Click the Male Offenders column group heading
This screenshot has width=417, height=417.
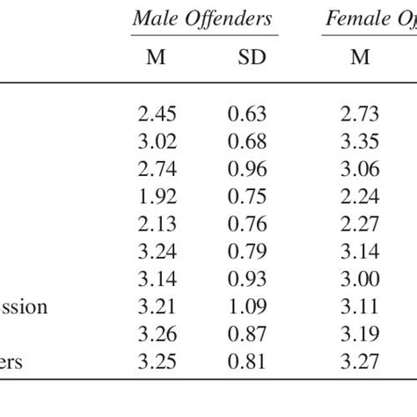202,18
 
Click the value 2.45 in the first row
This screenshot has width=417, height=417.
157,114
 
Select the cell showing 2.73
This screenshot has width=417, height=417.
360,114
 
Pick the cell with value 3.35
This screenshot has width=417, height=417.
360,142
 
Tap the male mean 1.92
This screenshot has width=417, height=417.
157,197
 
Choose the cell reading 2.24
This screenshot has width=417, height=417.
360,197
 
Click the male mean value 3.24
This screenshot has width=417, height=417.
157,252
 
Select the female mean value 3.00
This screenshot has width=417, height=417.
360,280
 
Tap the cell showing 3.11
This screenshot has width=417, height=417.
360,307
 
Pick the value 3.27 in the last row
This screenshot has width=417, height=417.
360,362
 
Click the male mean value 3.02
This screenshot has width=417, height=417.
157,142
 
